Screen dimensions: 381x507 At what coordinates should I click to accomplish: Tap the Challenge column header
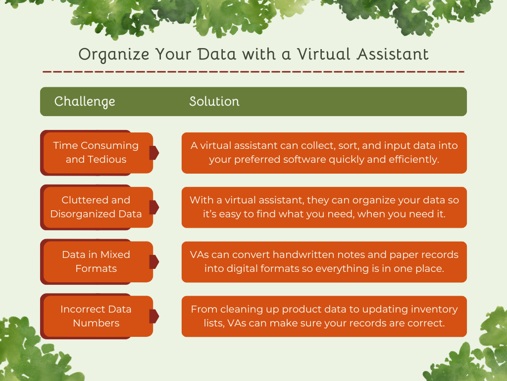[85, 102]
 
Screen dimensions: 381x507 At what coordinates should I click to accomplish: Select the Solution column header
[214, 102]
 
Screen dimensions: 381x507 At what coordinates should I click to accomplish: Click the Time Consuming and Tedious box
[96, 152]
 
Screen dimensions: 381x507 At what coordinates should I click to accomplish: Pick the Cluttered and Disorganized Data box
[96, 207]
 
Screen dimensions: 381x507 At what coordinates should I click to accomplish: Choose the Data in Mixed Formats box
[96, 261]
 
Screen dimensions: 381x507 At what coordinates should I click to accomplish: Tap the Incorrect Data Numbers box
[96, 316]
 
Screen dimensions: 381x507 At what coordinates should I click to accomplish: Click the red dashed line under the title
[253, 72]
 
